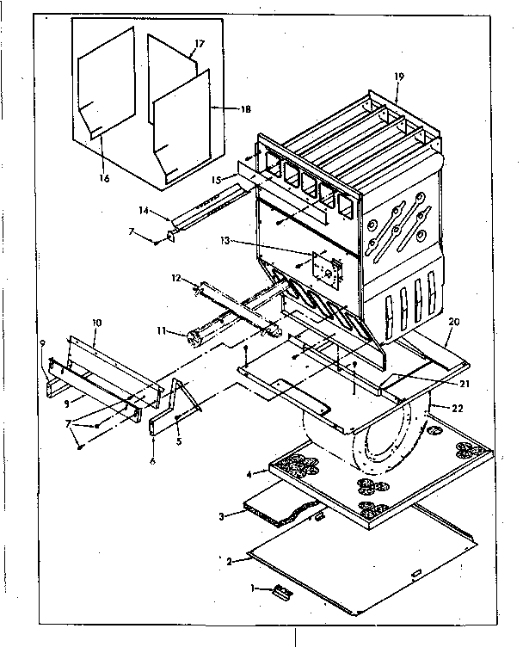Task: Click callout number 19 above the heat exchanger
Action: (x=398, y=77)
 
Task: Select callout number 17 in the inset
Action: (x=199, y=43)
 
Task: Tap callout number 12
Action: (x=176, y=278)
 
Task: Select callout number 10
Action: (x=96, y=323)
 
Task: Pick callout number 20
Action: (x=453, y=323)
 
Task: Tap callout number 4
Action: (x=249, y=473)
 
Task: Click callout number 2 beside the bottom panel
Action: (x=229, y=560)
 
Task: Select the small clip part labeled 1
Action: (x=280, y=591)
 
